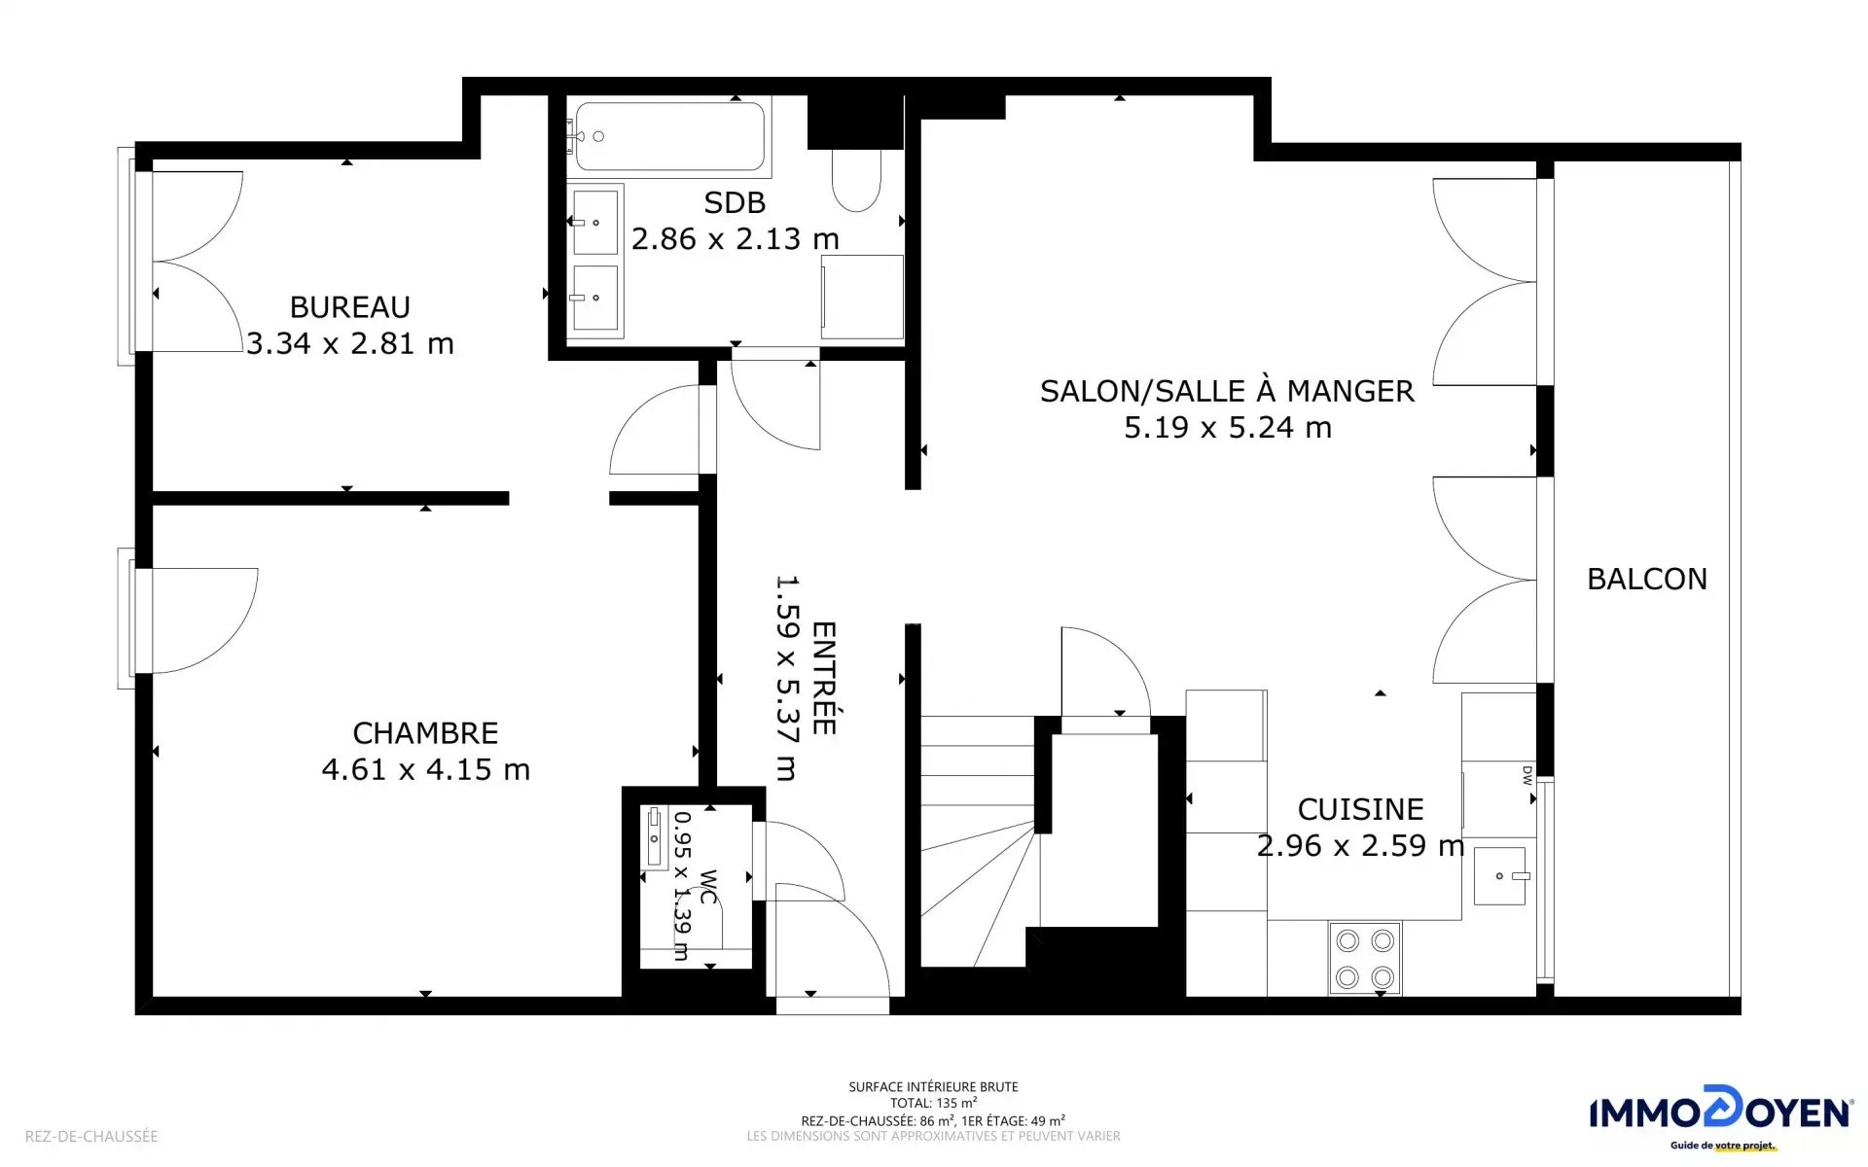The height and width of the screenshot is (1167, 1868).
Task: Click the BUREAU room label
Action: [350, 307]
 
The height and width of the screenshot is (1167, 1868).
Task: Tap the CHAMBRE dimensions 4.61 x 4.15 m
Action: [426, 769]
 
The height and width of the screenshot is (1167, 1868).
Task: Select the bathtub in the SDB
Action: [669, 137]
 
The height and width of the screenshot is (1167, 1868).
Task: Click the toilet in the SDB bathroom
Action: [856, 180]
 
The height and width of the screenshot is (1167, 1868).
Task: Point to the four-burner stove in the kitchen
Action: [1365, 958]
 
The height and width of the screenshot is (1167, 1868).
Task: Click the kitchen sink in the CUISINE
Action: [1499, 875]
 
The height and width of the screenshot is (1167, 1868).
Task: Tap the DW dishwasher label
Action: [1527, 775]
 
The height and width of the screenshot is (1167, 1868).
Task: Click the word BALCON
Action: [1647, 580]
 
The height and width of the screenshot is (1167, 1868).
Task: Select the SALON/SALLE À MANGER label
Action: [1227, 391]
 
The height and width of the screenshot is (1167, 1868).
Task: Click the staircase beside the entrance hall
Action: [979, 842]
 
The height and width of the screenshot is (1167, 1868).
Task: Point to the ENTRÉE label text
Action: [823, 678]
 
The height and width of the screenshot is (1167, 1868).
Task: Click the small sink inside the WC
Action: [655, 837]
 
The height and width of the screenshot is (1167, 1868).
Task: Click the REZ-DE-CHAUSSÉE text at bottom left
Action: [91, 1136]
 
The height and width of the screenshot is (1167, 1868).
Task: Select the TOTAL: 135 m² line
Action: [933, 1103]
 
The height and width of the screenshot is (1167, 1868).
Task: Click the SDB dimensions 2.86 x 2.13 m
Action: [735, 239]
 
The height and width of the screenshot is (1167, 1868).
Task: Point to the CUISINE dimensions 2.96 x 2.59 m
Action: [1360, 846]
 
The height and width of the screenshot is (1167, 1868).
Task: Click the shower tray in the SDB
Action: [862, 297]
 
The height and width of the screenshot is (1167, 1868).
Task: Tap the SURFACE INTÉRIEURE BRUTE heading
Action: [933, 1086]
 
